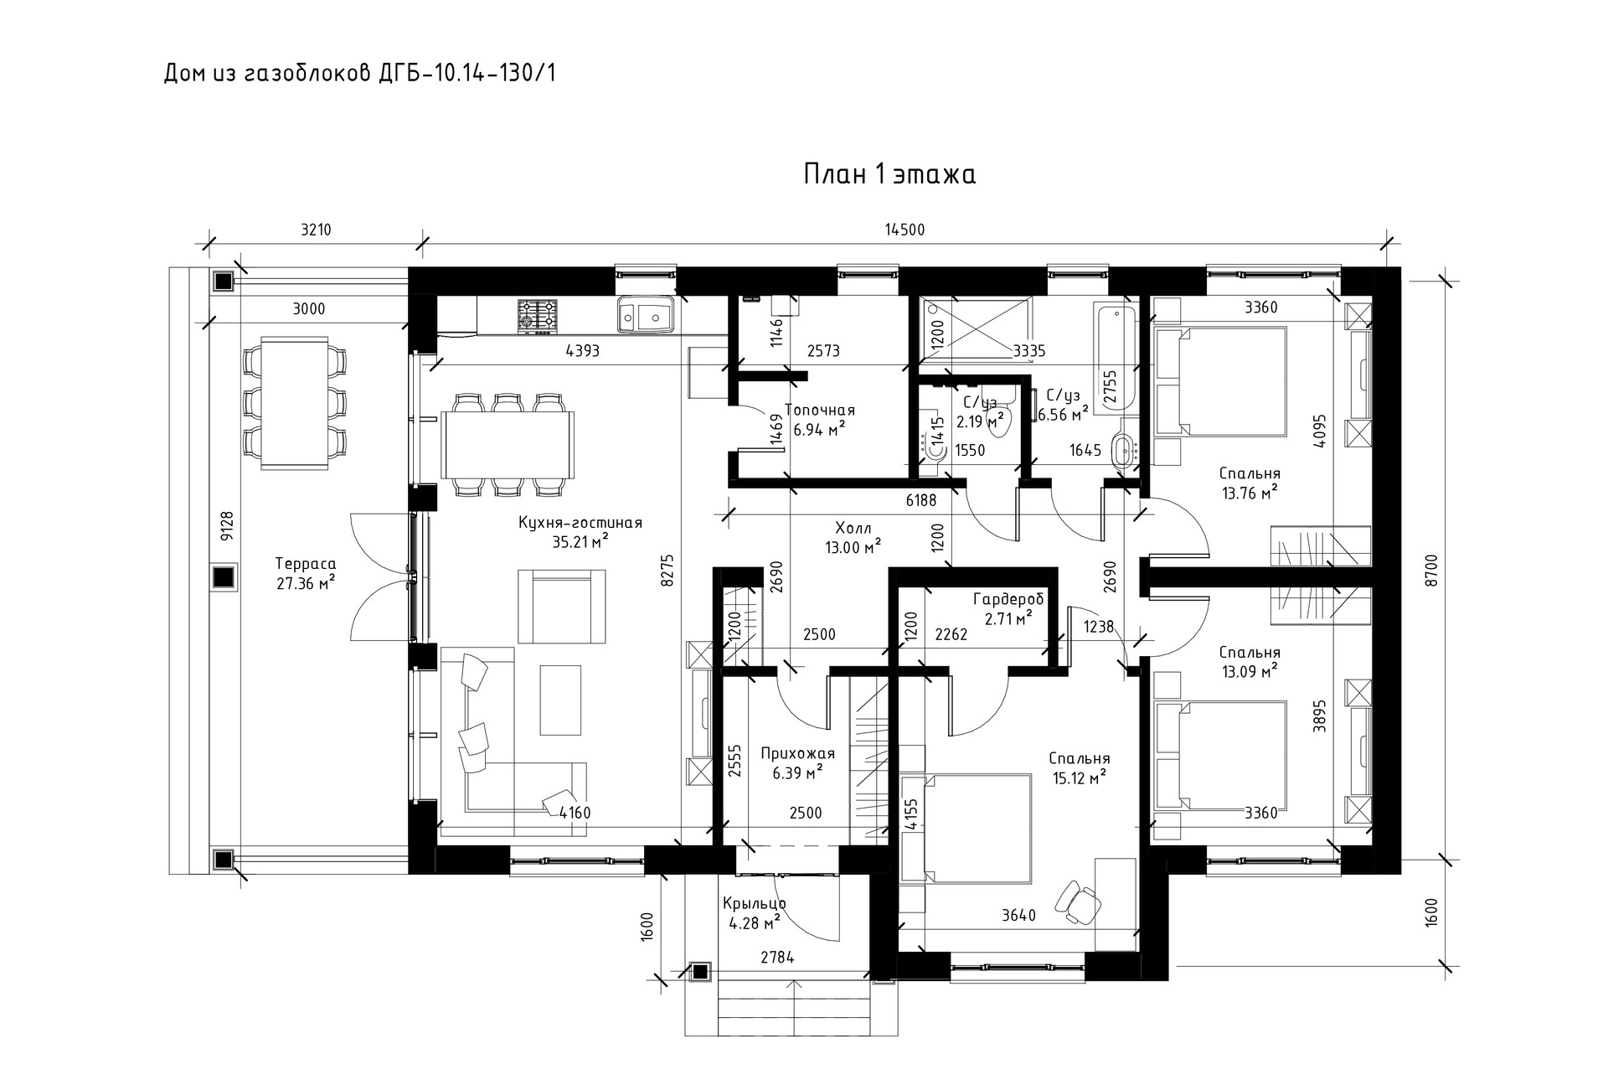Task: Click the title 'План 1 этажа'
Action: point(889,174)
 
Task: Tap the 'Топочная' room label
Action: point(819,411)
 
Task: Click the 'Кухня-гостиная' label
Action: point(580,524)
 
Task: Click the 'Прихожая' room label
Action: point(797,753)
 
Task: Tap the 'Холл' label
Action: point(853,529)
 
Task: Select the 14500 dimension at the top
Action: point(904,230)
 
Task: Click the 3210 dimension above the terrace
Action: point(316,230)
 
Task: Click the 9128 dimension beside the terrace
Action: point(226,527)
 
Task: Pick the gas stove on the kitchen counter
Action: point(536,315)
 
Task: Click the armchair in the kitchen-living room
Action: point(561,606)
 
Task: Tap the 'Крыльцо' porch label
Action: point(754,904)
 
